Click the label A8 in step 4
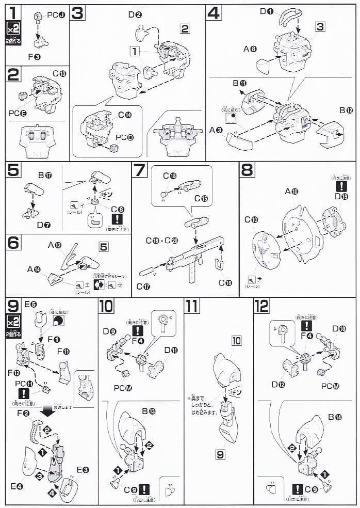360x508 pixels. (x=250, y=49)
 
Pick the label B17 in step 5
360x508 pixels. (x=45, y=175)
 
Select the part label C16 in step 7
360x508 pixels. (x=225, y=282)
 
